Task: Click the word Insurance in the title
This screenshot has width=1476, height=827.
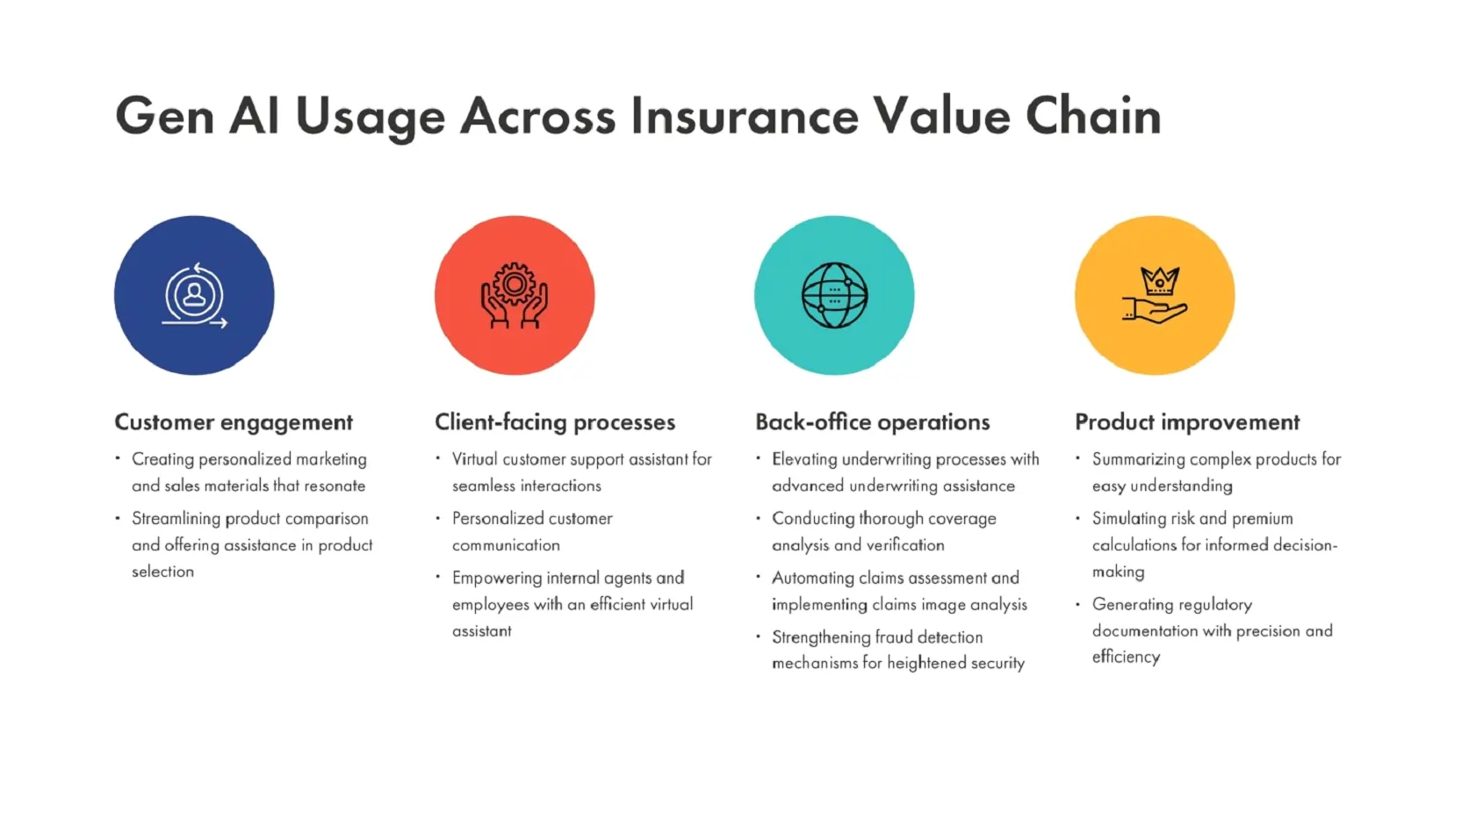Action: pos(745,116)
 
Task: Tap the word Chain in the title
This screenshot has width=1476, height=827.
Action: pos(1094,116)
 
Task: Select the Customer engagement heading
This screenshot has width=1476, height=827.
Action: pos(234,422)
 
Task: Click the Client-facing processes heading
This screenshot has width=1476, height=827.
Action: pos(555,422)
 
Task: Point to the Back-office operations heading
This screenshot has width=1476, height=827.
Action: pos(873,422)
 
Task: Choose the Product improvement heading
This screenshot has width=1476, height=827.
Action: pos(1187,422)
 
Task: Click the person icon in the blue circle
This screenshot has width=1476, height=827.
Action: pos(194,295)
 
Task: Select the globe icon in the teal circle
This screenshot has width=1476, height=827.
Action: pos(834,295)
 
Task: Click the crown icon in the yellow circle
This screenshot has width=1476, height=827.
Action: pos(1160,281)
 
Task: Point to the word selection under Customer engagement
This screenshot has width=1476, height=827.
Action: pos(162,572)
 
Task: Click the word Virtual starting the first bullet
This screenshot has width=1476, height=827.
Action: pos(474,459)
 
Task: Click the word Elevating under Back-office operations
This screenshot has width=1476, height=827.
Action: pos(804,459)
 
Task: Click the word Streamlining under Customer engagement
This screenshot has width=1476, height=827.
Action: pos(176,519)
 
